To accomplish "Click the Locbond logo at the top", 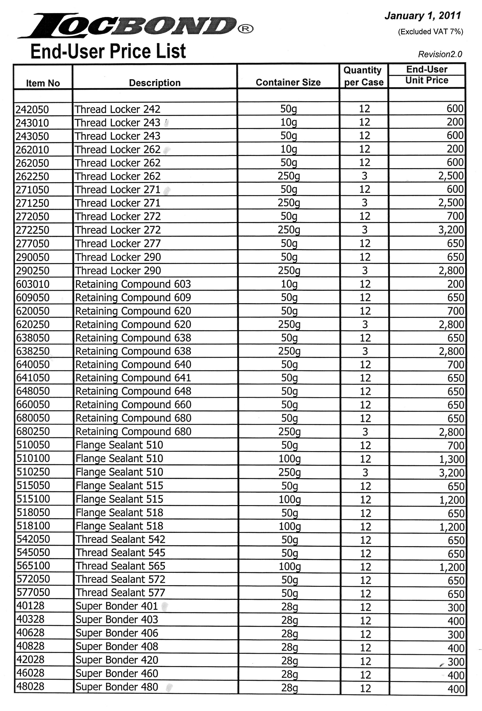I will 135,26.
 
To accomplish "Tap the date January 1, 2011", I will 423,16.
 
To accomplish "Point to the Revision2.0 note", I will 440,55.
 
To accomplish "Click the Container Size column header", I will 288,82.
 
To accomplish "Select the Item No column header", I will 43,83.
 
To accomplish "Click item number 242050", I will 32,109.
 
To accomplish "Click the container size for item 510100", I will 289,459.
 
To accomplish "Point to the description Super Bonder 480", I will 117,687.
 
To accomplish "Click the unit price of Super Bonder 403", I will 456,621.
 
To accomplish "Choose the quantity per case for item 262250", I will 364,176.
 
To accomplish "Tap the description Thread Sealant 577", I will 120,593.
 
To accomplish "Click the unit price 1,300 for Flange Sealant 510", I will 452,459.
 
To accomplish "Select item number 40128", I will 30,606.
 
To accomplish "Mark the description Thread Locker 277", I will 118,243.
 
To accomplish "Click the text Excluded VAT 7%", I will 430,32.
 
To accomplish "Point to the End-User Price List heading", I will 108,51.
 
